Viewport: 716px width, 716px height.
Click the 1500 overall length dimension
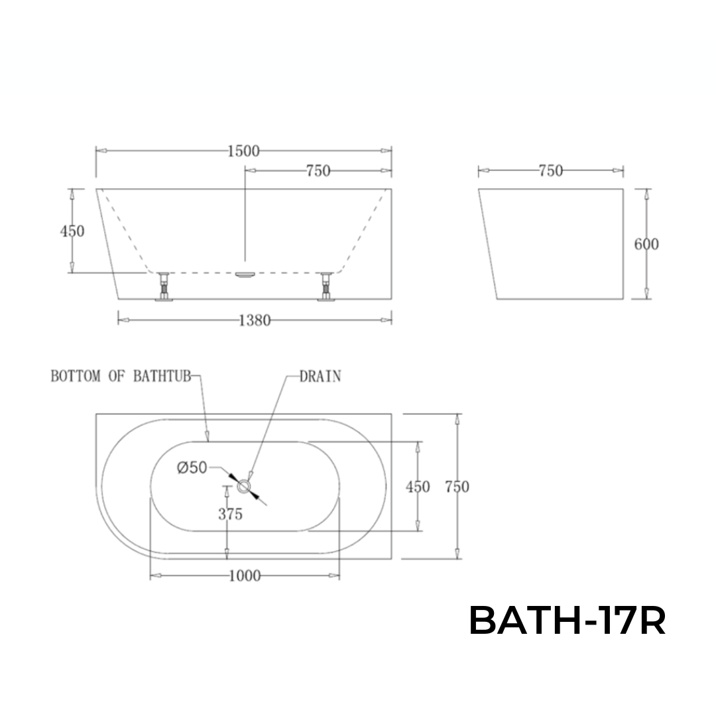click(243, 151)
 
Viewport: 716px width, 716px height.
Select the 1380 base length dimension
click(255, 321)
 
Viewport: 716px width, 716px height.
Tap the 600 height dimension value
click(646, 244)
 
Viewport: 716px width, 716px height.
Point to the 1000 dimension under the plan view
click(245, 576)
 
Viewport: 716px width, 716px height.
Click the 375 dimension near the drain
click(230, 514)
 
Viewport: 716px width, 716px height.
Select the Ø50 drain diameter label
click(192, 468)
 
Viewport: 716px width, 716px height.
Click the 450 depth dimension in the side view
click(72, 231)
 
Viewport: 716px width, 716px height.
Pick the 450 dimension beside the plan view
click(418, 487)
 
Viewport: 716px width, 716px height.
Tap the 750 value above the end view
click(550, 171)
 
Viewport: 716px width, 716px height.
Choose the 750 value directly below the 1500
click(318, 171)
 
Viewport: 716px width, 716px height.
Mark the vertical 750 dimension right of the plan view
click(457, 487)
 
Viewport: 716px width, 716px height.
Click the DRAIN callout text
click(320, 377)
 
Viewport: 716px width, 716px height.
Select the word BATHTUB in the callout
click(162, 377)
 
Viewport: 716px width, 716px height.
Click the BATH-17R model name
click(567, 622)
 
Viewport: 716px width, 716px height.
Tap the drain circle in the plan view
click(245, 487)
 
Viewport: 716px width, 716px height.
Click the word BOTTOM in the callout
click(76, 377)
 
